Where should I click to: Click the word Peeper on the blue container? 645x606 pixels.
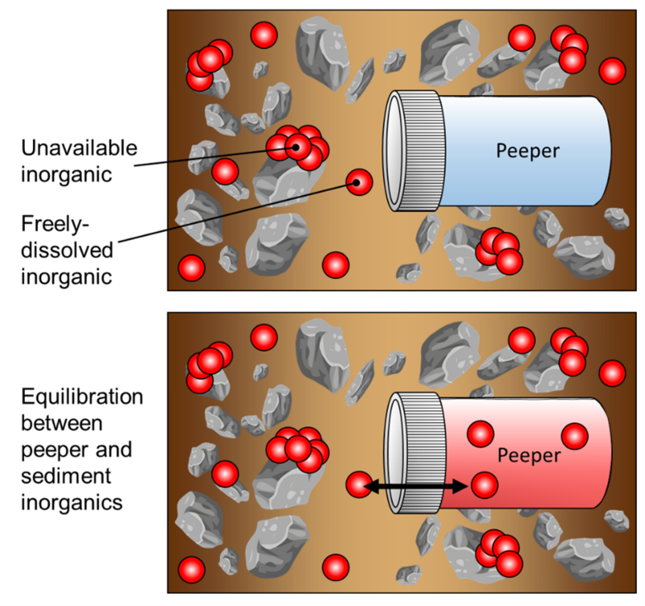pyautogui.click(x=527, y=151)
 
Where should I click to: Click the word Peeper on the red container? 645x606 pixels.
pyautogui.click(x=528, y=455)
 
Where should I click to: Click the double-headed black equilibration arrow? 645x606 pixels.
pyautogui.click(x=420, y=486)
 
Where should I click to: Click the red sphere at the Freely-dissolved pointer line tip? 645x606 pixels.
pyautogui.click(x=357, y=183)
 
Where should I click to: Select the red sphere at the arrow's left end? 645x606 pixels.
pyautogui.click(x=359, y=485)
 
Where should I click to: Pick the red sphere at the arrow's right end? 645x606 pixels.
pyautogui.click(x=484, y=485)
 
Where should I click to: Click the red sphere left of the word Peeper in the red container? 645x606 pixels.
pyautogui.click(x=481, y=434)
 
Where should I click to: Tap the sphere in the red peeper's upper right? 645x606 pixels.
pyautogui.click(x=576, y=436)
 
